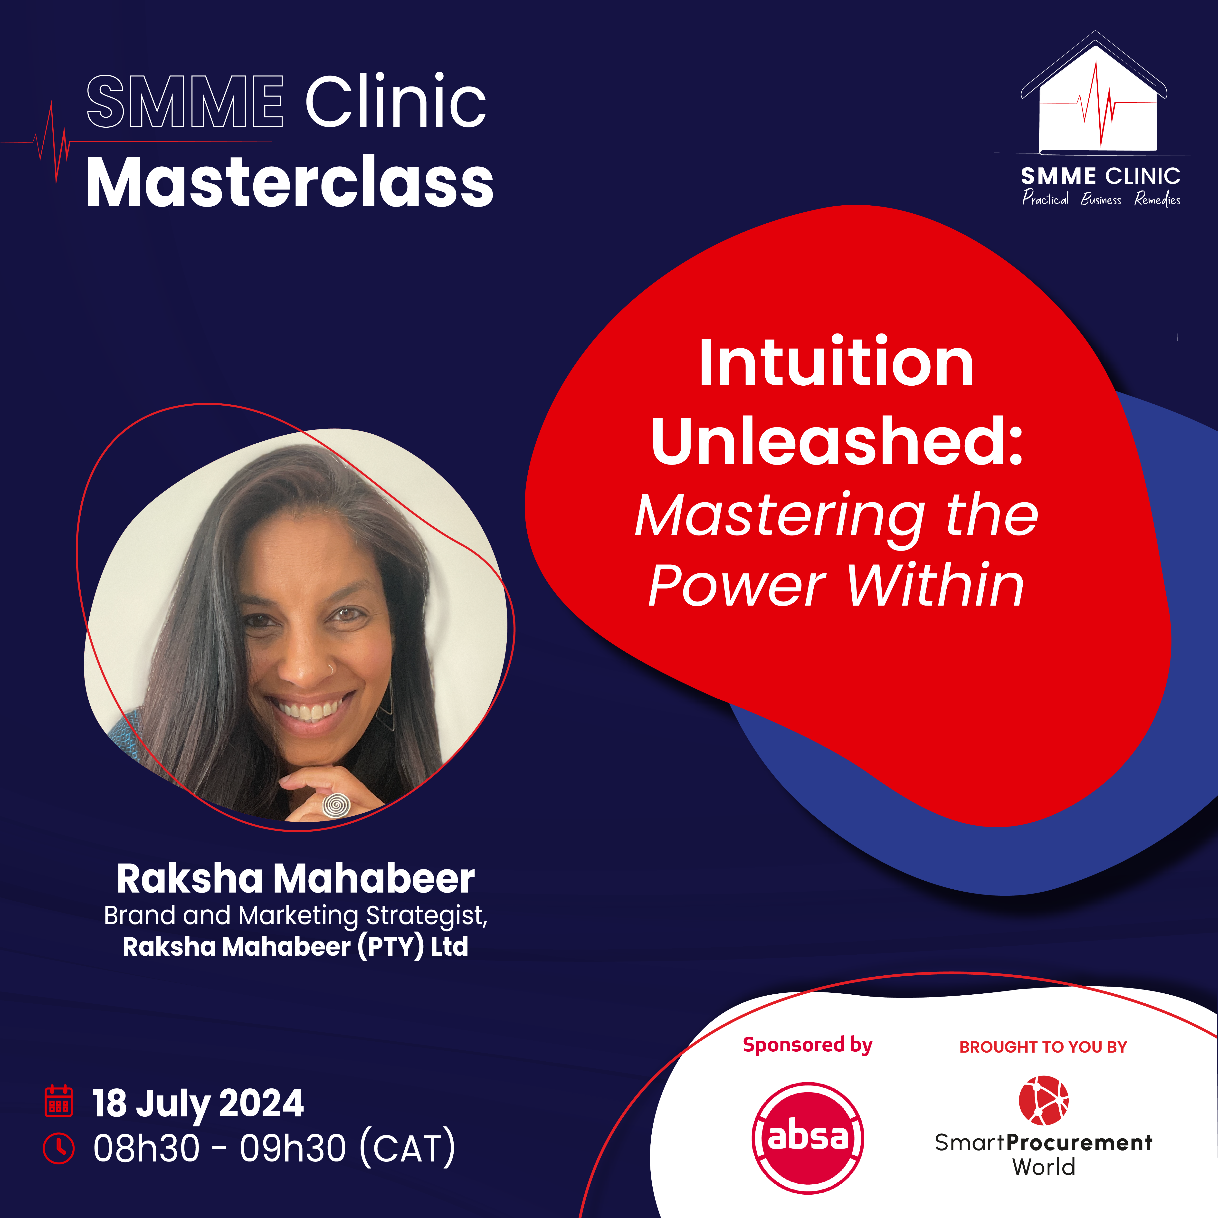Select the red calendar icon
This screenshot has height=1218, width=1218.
[x=59, y=1101]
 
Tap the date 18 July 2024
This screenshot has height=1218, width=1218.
[x=198, y=1103]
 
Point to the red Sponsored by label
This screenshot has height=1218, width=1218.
[x=808, y=1045]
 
